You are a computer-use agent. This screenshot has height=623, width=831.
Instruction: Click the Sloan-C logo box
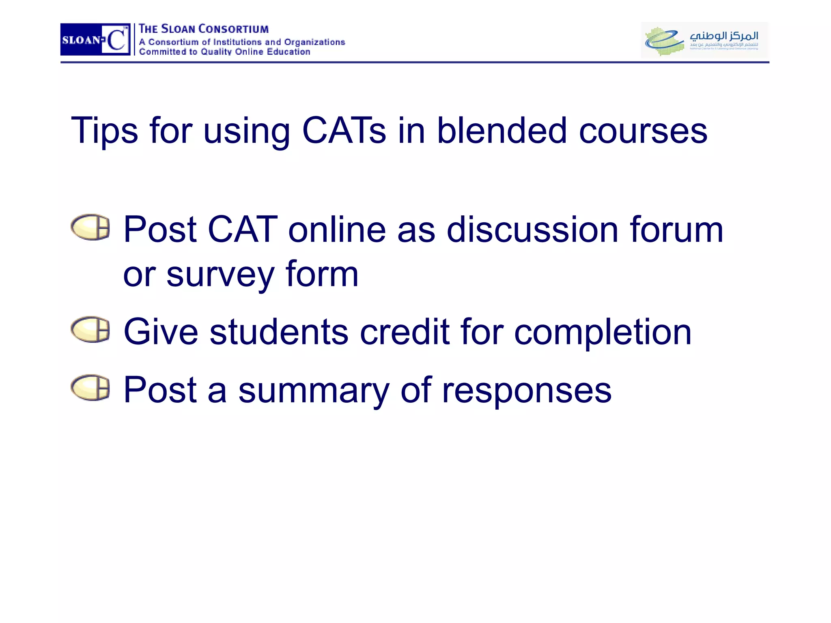[95, 39]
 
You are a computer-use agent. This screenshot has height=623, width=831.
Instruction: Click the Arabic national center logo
[704, 40]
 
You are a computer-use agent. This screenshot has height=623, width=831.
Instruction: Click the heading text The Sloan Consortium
[204, 29]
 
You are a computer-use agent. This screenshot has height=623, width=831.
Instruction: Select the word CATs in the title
[344, 130]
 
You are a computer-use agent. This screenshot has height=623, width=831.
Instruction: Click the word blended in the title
[502, 130]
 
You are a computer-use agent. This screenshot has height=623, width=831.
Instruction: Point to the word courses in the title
[643, 131]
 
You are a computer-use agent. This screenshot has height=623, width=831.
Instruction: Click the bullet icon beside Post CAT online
[90, 227]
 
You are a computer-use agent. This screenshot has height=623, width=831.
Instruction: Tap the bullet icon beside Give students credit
[90, 329]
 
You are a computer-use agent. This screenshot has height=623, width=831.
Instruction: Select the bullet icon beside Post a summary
[90, 387]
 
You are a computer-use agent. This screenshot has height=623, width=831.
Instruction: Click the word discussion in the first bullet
[532, 230]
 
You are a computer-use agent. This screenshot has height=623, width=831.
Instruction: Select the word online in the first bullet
[337, 230]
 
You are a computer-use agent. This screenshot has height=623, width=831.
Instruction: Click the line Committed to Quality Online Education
[224, 52]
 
